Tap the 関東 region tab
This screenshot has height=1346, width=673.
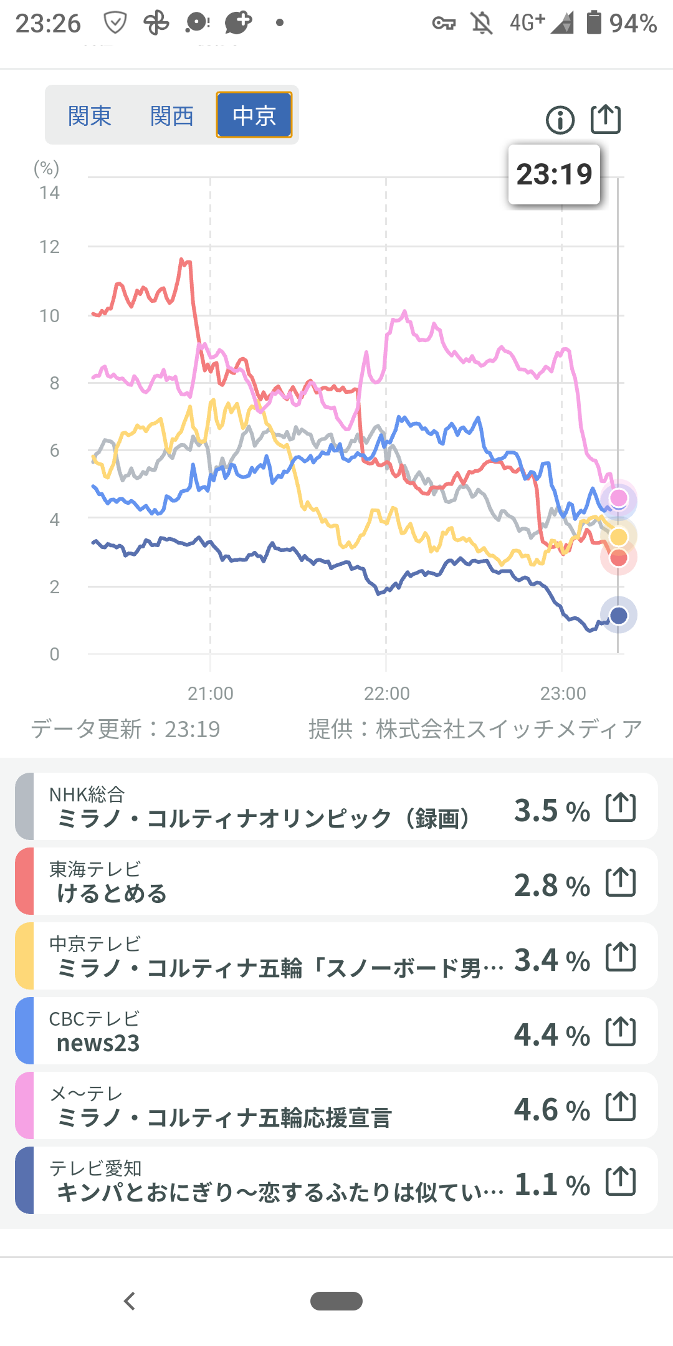pyautogui.click(x=90, y=116)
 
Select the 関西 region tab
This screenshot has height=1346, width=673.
pyautogui.click(x=172, y=116)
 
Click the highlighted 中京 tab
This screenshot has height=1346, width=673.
pyautogui.click(x=254, y=115)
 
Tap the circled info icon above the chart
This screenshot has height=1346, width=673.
pyautogui.click(x=560, y=120)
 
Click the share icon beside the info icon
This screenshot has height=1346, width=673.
pyautogui.click(x=606, y=119)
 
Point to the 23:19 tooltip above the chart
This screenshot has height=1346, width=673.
pyautogui.click(x=554, y=174)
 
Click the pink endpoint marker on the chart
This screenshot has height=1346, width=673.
pyautogui.click(x=618, y=498)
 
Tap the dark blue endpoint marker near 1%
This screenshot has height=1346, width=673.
pyautogui.click(x=618, y=616)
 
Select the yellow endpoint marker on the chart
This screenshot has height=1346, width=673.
pyautogui.click(x=619, y=537)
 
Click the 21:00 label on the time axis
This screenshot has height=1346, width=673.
pyautogui.click(x=211, y=694)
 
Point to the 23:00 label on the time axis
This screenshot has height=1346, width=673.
pyautogui.click(x=563, y=694)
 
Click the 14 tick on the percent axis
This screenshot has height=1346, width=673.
pyautogui.click(x=50, y=193)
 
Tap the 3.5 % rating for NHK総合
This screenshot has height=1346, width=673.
pyautogui.click(x=551, y=811)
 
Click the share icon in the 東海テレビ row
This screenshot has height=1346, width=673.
pyautogui.click(x=621, y=882)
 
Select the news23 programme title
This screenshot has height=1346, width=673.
pyautogui.click(x=98, y=1043)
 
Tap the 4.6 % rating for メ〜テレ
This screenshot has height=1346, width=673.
pyautogui.click(x=551, y=1110)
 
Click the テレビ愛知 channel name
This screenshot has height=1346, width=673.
pyautogui.click(x=96, y=1168)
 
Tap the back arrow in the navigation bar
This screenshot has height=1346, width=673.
pyautogui.click(x=130, y=1301)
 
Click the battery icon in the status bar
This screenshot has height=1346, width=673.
pyautogui.click(x=594, y=23)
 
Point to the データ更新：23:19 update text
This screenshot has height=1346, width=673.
pyautogui.click(x=126, y=729)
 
